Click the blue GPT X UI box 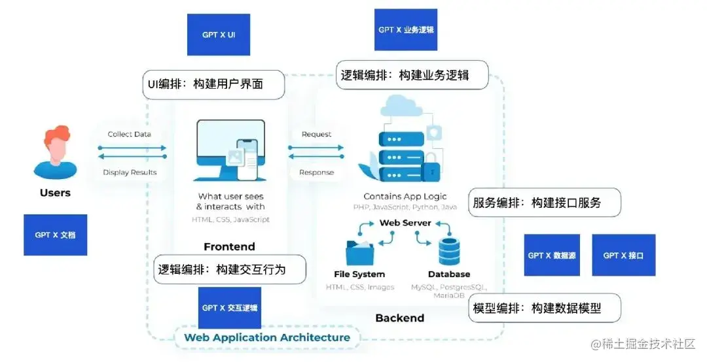(x=219, y=35)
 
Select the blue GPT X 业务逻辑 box (x=405, y=30)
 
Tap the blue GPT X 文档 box (x=55, y=235)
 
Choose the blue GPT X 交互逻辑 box (x=229, y=308)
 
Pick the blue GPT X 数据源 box (x=552, y=255)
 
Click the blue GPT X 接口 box (x=623, y=255)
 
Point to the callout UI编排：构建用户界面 (x=214, y=85)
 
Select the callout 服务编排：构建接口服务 (x=545, y=203)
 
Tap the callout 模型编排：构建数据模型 (x=545, y=308)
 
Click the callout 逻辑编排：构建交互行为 (x=230, y=269)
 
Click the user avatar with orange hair (x=55, y=154)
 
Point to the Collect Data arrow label (x=129, y=135)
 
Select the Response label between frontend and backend (x=316, y=173)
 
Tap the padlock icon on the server (x=431, y=171)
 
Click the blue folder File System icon (x=359, y=252)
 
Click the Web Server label (x=405, y=223)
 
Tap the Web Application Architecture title (x=267, y=337)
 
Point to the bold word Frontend (x=229, y=246)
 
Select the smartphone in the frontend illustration (x=246, y=159)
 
